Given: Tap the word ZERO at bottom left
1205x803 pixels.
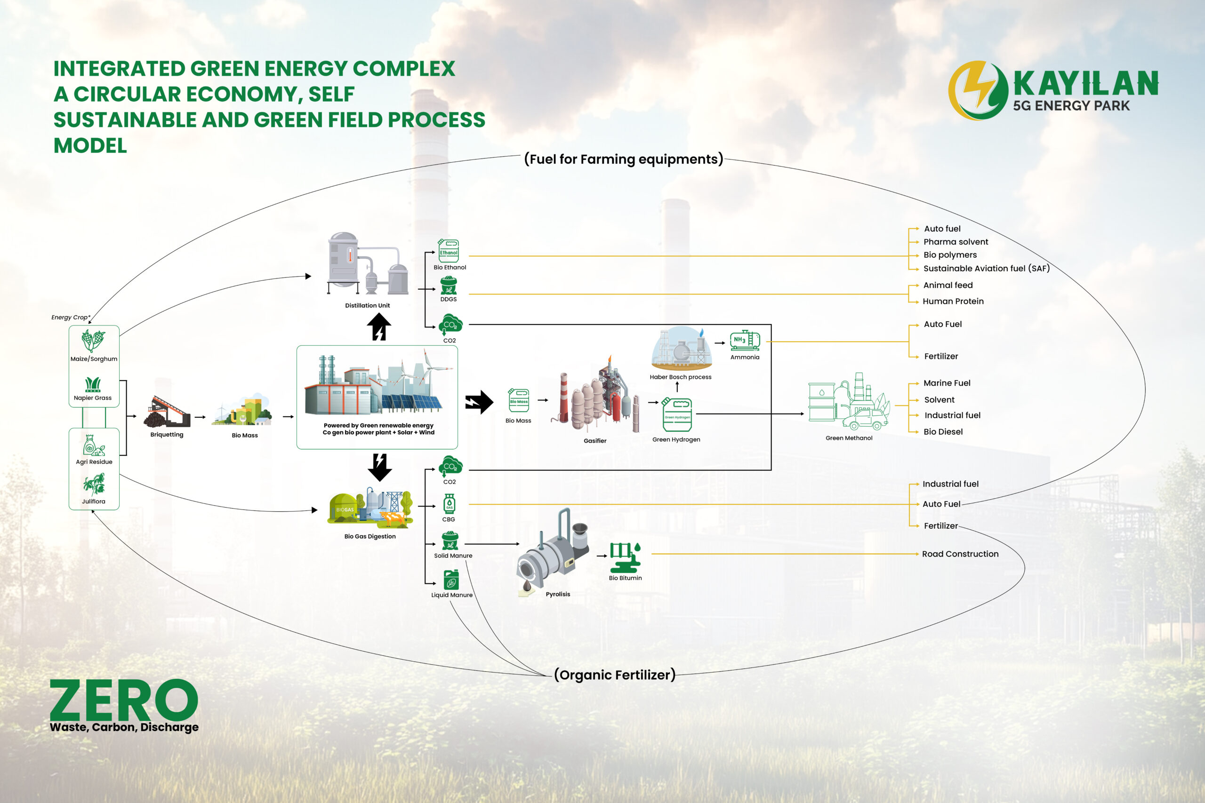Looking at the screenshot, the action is (x=124, y=700).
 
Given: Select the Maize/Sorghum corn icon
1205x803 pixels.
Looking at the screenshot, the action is (x=93, y=341).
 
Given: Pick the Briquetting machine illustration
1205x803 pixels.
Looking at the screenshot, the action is (x=167, y=412).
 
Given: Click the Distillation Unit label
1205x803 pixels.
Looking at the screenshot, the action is (x=367, y=305).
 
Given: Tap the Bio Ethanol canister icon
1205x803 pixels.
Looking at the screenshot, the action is (x=448, y=251).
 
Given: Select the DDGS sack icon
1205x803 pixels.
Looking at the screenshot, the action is (x=448, y=286).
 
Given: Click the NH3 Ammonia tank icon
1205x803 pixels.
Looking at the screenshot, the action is (x=745, y=340).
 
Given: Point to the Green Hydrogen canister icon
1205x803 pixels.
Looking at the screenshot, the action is (x=677, y=414).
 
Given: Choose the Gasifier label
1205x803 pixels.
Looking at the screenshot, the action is (x=595, y=440).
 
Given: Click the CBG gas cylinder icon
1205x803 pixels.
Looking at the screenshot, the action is (x=449, y=504).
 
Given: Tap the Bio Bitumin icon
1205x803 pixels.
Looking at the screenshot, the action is (x=625, y=557).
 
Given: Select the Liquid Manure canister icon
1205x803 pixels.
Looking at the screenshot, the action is (x=451, y=580).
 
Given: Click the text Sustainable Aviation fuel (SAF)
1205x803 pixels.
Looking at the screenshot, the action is (x=986, y=268).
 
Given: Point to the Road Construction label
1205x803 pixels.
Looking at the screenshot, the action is (x=960, y=554).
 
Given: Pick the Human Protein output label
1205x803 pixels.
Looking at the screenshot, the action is (x=953, y=301).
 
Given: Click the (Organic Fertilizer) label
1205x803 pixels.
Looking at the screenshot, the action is (x=615, y=675).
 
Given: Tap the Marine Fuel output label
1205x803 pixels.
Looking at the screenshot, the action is (x=947, y=383).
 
